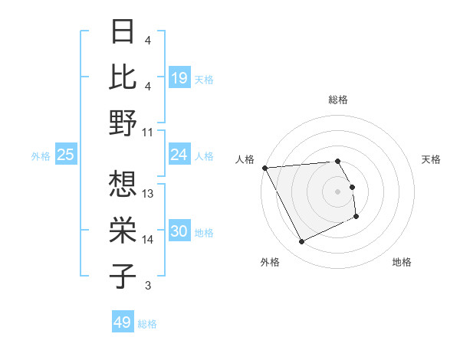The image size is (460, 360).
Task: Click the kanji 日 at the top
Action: click(123, 32)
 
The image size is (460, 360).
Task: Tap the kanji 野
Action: click(123, 123)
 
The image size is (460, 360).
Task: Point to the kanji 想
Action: click(123, 185)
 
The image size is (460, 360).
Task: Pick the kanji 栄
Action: click(123, 231)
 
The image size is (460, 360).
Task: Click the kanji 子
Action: click(123, 277)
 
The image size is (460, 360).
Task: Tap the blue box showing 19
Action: click(179, 77)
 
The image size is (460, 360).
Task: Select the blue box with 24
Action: click(179, 155)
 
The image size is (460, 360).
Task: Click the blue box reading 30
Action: click(179, 232)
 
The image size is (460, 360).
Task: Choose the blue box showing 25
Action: click(65, 155)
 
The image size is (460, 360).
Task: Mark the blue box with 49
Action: click(123, 322)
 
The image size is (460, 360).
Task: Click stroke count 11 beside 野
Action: click(149, 132)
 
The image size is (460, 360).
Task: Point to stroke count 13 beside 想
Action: click(149, 193)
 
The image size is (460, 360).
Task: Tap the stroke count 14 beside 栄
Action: click(149, 240)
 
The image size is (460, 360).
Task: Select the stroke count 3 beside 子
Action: click(147, 286)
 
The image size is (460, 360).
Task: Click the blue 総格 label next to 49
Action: click(147, 324)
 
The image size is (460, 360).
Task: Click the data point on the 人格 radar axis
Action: click(264, 167)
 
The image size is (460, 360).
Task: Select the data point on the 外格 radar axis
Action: click(301, 242)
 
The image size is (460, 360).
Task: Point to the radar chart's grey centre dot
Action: click(337, 191)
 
